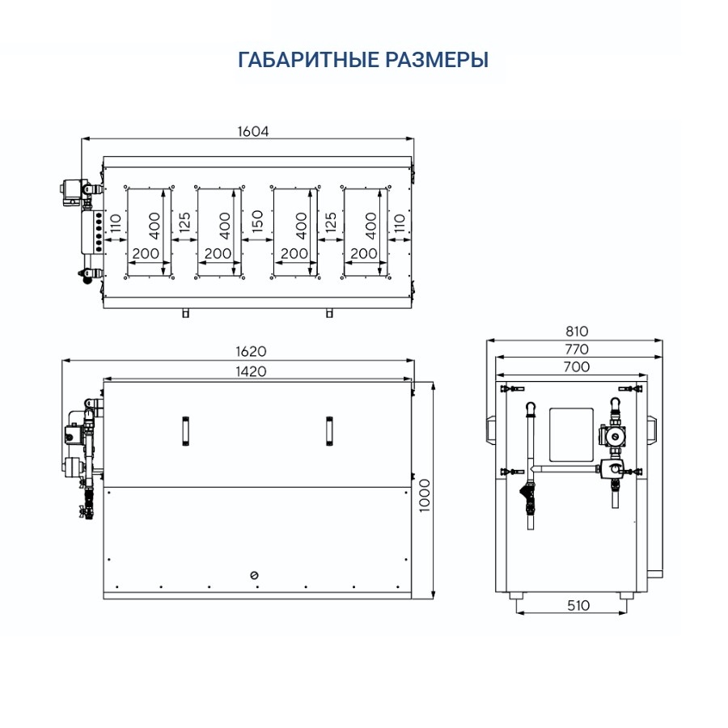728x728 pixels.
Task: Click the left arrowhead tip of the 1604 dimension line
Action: (x=82, y=138)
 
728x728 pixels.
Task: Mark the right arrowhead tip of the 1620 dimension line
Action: (x=414, y=360)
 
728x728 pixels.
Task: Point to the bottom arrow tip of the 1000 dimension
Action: (x=433, y=599)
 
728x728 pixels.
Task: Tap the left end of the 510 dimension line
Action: (x=516, y=613)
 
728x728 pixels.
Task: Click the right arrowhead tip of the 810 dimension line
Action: (x=662, y=341)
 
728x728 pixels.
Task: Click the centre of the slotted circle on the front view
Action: (x=254, y=575)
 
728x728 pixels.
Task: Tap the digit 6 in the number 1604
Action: (x=247, y=131)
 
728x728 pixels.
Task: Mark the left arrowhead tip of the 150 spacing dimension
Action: (x=243, y=239)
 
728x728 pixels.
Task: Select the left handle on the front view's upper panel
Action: (x=185, y=431)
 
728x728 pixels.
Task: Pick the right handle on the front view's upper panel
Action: (x=329, y=431)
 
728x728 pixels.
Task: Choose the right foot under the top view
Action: (x=329, y=313)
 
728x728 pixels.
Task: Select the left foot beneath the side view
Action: (x=516, y=595)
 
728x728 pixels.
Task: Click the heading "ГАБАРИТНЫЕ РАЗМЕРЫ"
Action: (x=363, y=61)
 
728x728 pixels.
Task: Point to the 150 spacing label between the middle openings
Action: (x=256, y=221)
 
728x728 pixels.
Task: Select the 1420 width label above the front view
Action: (x=252, y=371)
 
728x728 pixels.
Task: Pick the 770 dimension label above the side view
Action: (x=577, y=349)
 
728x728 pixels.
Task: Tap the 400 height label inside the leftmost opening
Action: (x=155, y=226)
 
